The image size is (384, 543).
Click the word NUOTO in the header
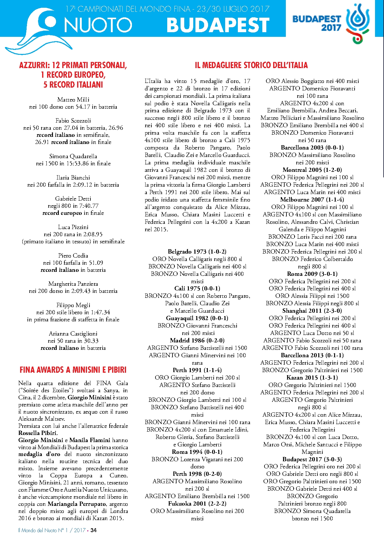[98, 25]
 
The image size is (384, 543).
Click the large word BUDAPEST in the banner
[218, 25]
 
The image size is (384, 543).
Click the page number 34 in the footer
[94, 530]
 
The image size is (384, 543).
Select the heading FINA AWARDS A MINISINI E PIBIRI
[73, 370]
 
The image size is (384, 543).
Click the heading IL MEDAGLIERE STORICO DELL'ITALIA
[251, 65]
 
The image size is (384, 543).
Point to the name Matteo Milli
[73, 99]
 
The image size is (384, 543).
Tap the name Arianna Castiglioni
[73, 333]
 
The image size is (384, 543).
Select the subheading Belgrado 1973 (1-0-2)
[197, 251]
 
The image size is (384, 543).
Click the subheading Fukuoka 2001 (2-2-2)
[197, 503]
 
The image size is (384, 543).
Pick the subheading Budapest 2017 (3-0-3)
[312, 459]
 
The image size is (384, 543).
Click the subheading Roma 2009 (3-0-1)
[312, 274]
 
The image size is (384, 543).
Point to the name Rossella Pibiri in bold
[38, 433]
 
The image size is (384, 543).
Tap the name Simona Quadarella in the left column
[73, 156]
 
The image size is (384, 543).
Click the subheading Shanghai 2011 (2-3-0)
[312, 311]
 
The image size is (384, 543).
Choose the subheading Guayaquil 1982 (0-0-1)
[197, 318]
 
